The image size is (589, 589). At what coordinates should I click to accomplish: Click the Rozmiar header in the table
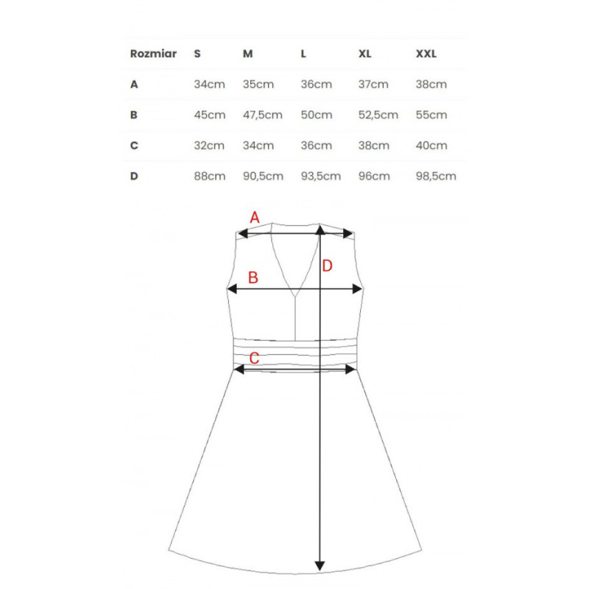153,54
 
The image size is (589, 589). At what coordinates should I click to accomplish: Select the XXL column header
426,54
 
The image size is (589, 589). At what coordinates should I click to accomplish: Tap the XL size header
364,54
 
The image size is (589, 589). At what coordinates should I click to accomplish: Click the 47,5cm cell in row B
263,115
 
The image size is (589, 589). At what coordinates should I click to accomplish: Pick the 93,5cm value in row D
321,176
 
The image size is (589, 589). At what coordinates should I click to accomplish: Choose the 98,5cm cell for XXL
436,176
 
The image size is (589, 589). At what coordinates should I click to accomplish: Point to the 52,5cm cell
378,115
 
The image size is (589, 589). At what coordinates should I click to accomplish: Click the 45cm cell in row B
210,115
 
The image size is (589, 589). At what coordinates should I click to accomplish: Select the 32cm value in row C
209,145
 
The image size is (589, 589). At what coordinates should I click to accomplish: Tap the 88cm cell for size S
210,176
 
